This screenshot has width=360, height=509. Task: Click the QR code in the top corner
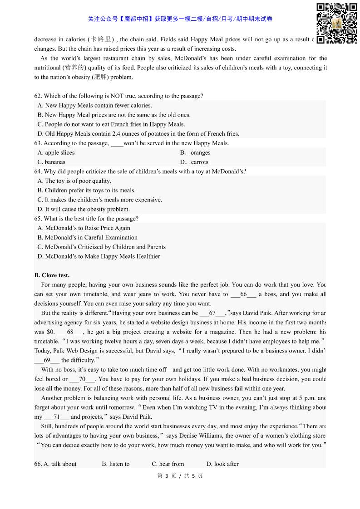[x=336, y=23]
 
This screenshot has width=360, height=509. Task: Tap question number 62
[x=38, y=96]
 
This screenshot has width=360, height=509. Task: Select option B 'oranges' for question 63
[x=195, y=152]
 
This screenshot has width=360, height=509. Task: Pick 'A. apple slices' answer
[x=56, y=152]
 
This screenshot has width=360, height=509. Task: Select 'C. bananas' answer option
[x=52, y=162]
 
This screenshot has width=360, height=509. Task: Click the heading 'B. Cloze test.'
[x=52, y=275]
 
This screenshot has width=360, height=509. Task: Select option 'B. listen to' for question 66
[x=116, y=464]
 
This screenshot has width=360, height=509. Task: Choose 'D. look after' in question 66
[x=222, y=464]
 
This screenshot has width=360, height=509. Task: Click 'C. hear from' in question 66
[x=168, y=464]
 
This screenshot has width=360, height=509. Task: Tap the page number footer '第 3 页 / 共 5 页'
[x=180, y=476]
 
